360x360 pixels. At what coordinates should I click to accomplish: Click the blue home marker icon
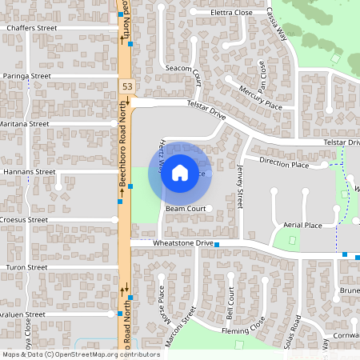(x=180, y=172)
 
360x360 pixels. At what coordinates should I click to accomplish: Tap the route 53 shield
(x=127, y=86)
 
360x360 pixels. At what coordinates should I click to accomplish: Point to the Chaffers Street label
(x=32, y=28)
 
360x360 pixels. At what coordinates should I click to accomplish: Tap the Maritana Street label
(x=25, y=124)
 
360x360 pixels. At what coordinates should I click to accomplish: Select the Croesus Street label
(x=24, y=219)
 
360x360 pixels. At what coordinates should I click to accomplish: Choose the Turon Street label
(x=27, y=267)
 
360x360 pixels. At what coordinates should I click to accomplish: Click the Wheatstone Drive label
(x=172, y=242)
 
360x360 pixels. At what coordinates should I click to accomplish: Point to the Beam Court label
(x=186, y=209)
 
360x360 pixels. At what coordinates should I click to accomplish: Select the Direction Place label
(x=284, y=165)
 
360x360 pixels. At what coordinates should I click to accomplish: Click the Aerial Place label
(x=302, y=225)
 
